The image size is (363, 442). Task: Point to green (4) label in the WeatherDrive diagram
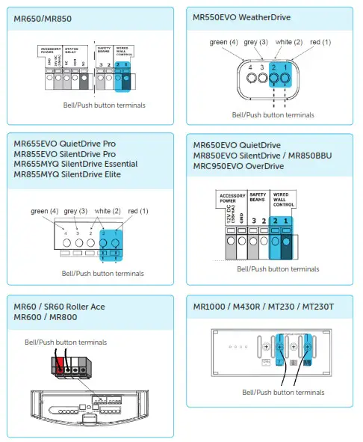(x=224, y=42)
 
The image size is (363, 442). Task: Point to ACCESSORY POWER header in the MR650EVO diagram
(x=232, y=198)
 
